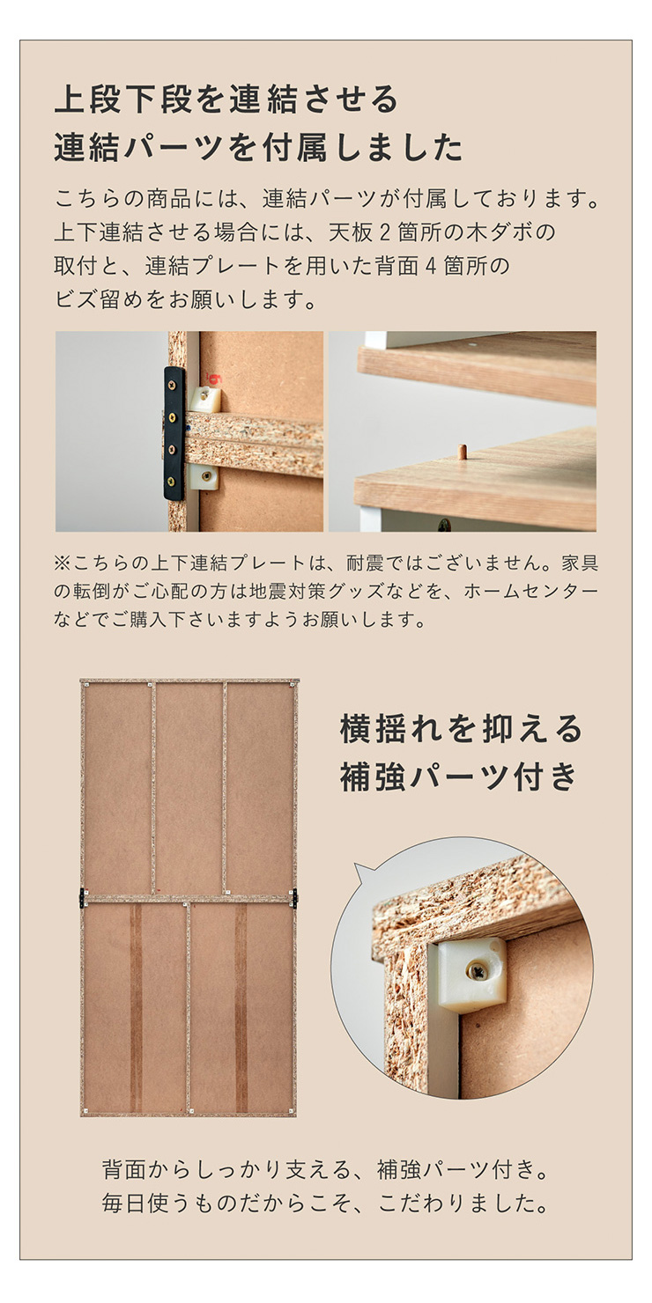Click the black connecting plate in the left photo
(174, 434)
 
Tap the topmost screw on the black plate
(173, 386)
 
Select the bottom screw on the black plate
(171, 481)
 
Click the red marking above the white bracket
(214, 379)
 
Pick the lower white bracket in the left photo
(204, 477)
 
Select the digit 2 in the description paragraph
(384, 232)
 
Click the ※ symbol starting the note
(62, 563)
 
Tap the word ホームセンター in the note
(531, 591)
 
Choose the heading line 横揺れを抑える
(461, 729)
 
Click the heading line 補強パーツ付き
(459, 777)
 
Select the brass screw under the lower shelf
(443, 524)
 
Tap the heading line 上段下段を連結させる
(226, 99)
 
